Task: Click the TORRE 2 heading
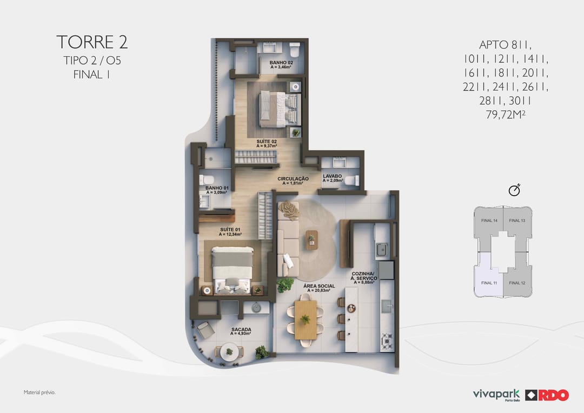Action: [92, 42]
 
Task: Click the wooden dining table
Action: [306, 320]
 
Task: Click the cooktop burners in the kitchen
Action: [387, 341]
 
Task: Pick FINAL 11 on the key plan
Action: [489, 283]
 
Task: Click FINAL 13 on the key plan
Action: [517, 221]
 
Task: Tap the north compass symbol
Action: [514, 190]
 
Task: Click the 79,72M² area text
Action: [506, 115]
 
